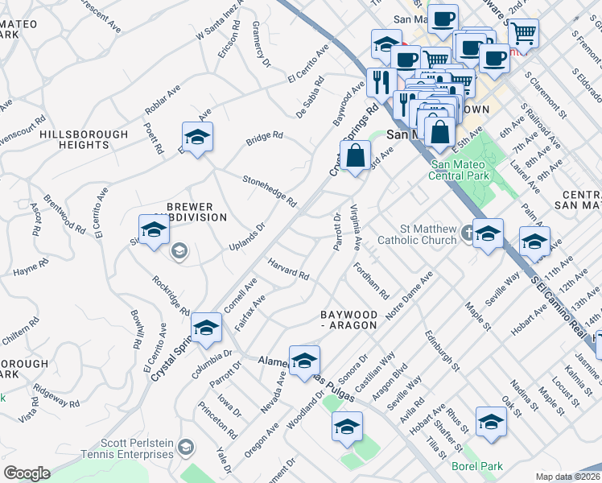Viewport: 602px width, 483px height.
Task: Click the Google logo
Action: tap(27, 473)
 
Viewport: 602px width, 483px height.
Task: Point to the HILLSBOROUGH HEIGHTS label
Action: tap(84, 140)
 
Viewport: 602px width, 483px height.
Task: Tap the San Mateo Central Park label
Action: tap(456, 170)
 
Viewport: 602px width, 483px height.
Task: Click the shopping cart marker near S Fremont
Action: tap(523, 32)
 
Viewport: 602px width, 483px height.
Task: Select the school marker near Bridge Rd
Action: tap(197, 137)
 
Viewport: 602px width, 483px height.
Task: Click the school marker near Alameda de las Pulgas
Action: tap(304, 361)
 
